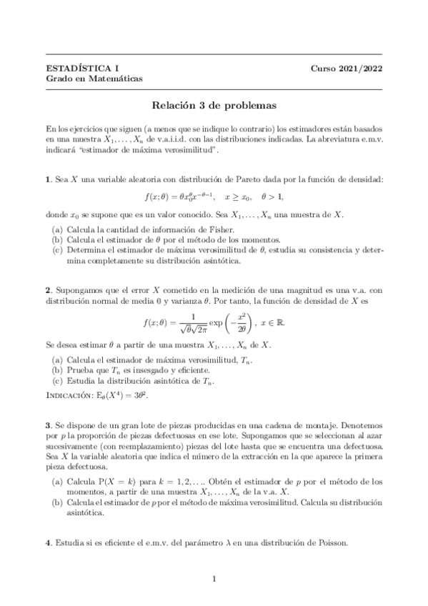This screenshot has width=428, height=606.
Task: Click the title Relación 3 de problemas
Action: click(x=214, y=105)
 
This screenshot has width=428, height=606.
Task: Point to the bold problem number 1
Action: click(x=47, y=177)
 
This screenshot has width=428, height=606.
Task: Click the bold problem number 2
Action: click(x=47, y=289)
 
